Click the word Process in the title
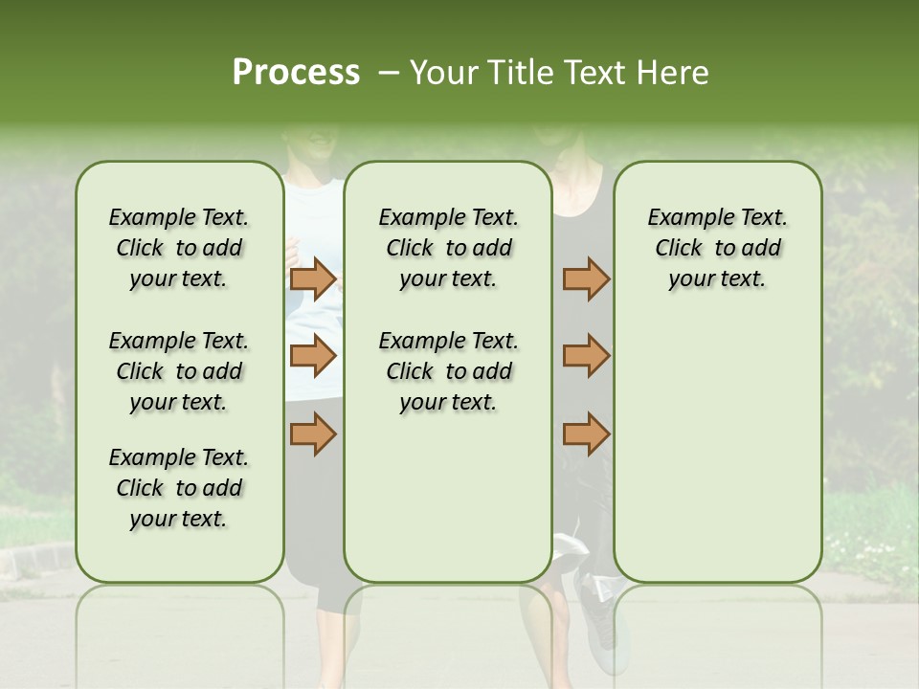[x=296, y=73]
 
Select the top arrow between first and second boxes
[x=313, y=278]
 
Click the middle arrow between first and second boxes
[x=313, y=356]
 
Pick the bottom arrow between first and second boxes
[x=313, y=433]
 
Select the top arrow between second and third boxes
[x=586, y=278]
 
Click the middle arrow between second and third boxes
[x=586, y=356]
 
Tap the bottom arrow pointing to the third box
[x=586, y=433]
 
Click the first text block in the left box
[x=179, y=248]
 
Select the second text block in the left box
[x=179, y=371]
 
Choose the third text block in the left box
[x=179, y=488]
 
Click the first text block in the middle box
[x=448, y=248]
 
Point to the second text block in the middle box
[x=448, y=371]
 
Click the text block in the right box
[x=717, y=248]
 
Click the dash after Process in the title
[x=388, y=73]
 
